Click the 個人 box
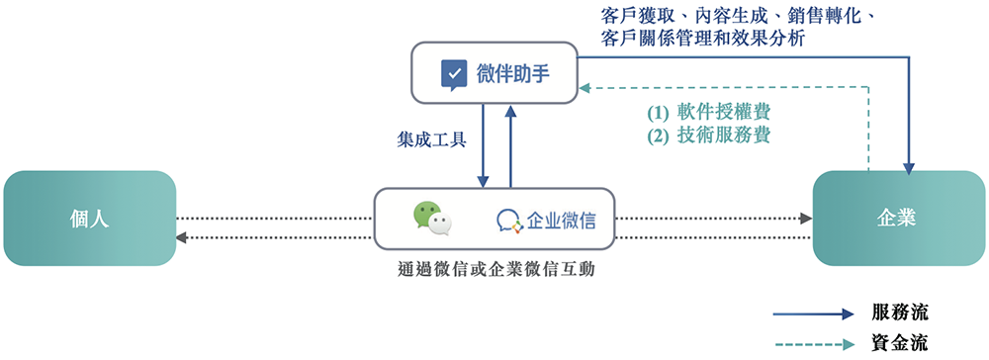pyautogui.click(x=89, y=219)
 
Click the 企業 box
pyautogui.click(x=898, y=219)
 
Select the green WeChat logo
pyautogui.click(x=432, y=218)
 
